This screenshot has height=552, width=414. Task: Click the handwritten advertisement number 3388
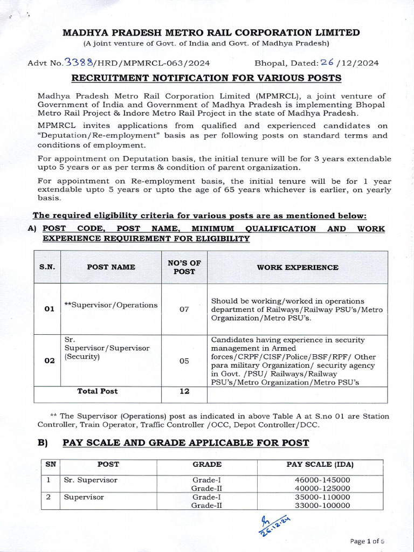click(80, 63)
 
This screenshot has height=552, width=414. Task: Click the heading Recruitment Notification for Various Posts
click(206, 78)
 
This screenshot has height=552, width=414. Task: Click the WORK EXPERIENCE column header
click(297, 267)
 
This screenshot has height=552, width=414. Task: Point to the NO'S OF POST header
click(184, 267)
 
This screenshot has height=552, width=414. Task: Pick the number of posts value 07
click(184, 310)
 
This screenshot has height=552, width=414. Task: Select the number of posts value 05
click(184, 361)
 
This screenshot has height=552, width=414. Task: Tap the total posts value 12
click(184, 391)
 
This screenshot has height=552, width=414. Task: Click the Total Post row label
click(98, 391)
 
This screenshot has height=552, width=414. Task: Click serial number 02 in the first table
click(49, 361)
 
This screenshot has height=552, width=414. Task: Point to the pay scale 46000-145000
click(322, 480)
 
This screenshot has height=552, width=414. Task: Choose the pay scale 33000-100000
click(322, 506)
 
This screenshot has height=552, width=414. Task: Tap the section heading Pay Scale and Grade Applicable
click(185, 443)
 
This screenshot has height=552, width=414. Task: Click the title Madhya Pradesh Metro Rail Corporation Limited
click(211, 33)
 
